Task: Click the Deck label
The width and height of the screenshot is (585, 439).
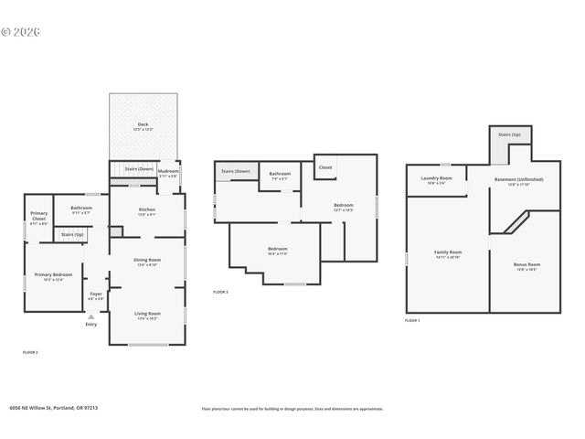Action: [x=144, y=125]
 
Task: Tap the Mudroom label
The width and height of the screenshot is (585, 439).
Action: [x=168, y=172]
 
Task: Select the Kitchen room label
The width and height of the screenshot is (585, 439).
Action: [x=146, y=210]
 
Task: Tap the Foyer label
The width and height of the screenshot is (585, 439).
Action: [x=96, y=295]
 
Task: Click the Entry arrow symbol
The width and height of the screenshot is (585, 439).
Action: [x=90, y=317]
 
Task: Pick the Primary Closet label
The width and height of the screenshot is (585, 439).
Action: [x=38, y=216]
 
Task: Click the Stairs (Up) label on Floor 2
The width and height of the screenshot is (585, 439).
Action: [x=73, y=234]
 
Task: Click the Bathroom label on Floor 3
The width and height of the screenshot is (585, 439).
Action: [x=280, y=175]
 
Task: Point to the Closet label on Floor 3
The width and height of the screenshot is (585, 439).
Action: [x=325, y=167]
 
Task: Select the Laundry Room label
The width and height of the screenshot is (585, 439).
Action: [x=436, y=179]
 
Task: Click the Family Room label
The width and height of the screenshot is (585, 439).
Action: [x=447, y=252]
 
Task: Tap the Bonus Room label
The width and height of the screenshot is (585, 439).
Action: [x=526, y=265]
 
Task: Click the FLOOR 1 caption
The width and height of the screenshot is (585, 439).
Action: [x=412, y=320]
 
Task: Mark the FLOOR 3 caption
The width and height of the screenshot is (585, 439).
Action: [x=220, y=292]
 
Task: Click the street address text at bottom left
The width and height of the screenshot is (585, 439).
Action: [x=53, y=408]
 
